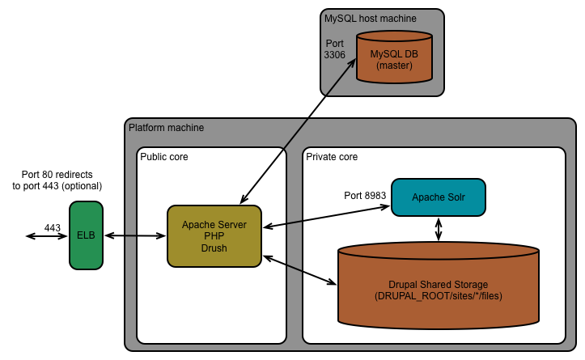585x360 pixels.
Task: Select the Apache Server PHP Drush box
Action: click(x=214, y=236)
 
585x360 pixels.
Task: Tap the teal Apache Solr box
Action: click(x=438, y=197)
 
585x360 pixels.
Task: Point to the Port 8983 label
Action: click(x=364, y=196)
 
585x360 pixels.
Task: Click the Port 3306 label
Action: click(x=335, y=49)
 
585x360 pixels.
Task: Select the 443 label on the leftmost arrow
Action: click(x=53, y=228)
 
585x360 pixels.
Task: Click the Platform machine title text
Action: click(x=167, y=128)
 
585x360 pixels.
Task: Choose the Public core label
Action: click(x=164, y=156)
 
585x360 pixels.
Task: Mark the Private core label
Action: click(x=332, y=156)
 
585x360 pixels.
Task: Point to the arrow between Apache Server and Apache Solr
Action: click(x=325, y=216)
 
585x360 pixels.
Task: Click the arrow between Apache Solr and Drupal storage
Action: click(x=439, y=228)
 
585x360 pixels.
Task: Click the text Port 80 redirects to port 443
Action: click(x=63, y=180)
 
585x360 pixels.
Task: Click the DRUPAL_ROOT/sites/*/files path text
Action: click(x=438, y=296)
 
